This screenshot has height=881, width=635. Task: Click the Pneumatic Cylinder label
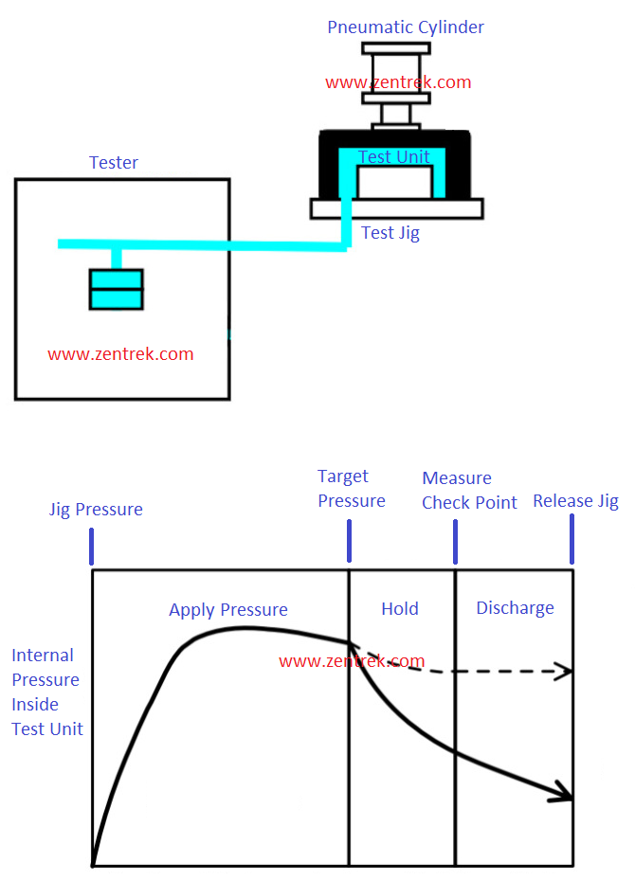pyautogui.click(x=405, y=27)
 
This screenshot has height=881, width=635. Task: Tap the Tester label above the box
pyautogui.click(x=113, y=163)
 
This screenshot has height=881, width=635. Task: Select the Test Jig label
pyautogui.click(x=390, y=232)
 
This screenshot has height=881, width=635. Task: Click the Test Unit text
pyautogui.click(x=394, y=156)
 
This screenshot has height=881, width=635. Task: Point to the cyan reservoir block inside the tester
pyautogui.click(x=116, y=289)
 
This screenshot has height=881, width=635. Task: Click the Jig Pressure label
pyautogui.click(x=96, y=510)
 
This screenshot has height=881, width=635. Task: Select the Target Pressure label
pyautogui.click(x=351, y=489)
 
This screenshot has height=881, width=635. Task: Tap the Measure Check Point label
pyautogui.click(x=469, y=491)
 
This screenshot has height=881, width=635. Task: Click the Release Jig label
pyautogui.click(x=574, y=501)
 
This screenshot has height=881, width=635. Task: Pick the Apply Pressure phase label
pyautogui.click(x=227, y=610)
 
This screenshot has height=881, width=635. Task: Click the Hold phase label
pyautogui.click(x=400, y=609)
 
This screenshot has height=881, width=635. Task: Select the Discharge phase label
pyautogui.click(x=515, y=608)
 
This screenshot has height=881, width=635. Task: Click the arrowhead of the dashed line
pyautogui.click(x=566, y=672)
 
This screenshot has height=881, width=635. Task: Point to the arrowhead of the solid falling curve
pyautogui.click(x=565, y=794)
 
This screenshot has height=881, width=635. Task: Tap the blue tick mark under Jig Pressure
pyautogui.click(x=92, y=547)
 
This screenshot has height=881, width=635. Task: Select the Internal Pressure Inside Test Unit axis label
pyautogui.click(x=47, y=692)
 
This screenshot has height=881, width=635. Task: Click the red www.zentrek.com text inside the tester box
pyautogui.click(x=120, y=354)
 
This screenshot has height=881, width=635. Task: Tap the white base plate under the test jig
pyautogui.click(x=396, y=208)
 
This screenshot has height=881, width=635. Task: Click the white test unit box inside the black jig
pyautogui.click(x=395, y=182)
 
